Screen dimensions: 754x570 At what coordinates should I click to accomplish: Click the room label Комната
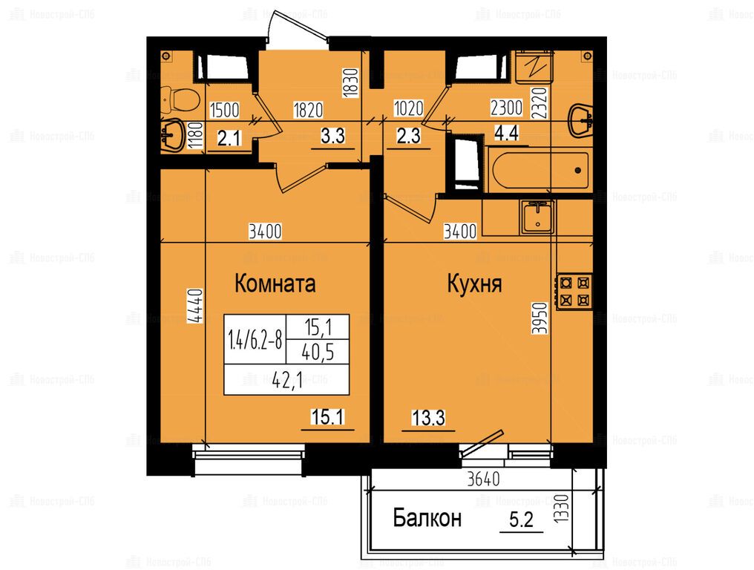click(x=275, y=284)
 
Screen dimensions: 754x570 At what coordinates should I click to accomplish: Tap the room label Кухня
click(x=475, y=284)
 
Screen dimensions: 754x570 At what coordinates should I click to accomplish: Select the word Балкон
click(x=427, y=518)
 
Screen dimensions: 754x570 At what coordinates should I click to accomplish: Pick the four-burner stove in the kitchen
click(x=574, y=292)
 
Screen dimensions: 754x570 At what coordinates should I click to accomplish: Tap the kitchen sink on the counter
click(x=537, y=217)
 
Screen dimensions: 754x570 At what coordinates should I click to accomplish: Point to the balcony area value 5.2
click(x=521, y=520)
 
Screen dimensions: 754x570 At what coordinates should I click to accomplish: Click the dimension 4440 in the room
click(x=196, y=306)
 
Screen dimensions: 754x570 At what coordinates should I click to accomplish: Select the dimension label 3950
click(x=540, y=318)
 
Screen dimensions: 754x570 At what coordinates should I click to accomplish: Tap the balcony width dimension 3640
click(x=484, y=479)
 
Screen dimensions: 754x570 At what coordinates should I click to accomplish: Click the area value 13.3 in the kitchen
click(x=428, y=418)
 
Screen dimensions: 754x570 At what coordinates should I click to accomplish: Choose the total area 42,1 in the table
click(x=287, y=381)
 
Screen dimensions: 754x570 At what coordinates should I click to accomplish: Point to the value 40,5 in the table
click(x=318, y=353)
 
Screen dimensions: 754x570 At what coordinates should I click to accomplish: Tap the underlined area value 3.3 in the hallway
click(x=332, y=136)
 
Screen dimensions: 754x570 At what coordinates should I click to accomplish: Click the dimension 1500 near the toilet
click(x=225, y=110)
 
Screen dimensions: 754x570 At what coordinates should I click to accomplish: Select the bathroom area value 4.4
click(x=507, y=132)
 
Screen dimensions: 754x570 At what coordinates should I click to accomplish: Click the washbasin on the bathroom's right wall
click(x=580, y=120)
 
